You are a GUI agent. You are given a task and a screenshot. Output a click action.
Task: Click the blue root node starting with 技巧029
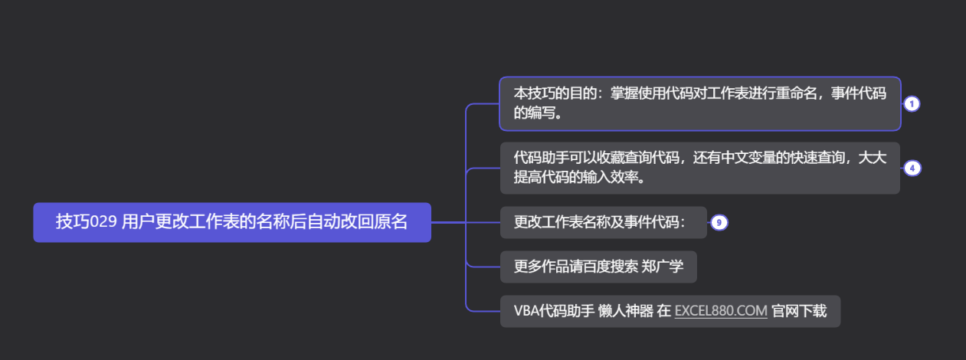(x=231, y=222)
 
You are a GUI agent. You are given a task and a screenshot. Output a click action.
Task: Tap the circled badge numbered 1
(x=912, y=104)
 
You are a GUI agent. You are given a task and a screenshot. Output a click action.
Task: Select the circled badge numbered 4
(x=912, y=169)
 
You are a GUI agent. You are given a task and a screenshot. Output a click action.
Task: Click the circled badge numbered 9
(x=719, y=223)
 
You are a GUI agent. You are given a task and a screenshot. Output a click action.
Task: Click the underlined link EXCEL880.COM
(x=721, y=311)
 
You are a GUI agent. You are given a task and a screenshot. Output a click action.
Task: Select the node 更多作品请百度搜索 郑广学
(x=598, y=267)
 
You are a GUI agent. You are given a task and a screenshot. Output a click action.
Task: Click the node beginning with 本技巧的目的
(x=699, y=103)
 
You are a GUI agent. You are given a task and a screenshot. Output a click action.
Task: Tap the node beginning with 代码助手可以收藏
(x=699, y=168)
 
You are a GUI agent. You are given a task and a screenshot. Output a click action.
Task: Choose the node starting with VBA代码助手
(x=670, y=311)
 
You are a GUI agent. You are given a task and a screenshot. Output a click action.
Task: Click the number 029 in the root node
(x=103, y=222)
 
